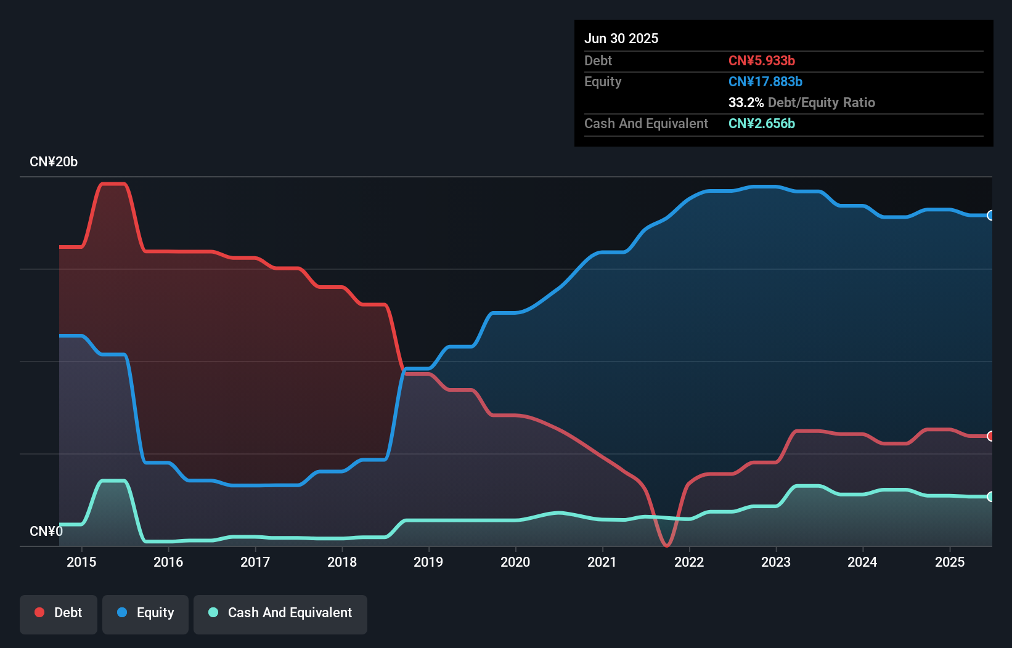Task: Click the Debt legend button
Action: (x=59, y=613)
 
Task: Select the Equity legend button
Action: (x=145, y=613)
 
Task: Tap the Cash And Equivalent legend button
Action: (x=280, y=613)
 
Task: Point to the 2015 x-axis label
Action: (x=81, y=562)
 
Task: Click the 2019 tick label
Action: (x=428, y=562)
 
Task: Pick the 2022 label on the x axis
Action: (x=689, y=562)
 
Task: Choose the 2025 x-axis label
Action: (x=950, y=562)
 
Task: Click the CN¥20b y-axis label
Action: (x=54, y=162)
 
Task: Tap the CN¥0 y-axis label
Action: (x=46, y=531)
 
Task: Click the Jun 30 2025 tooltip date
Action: (x=621, y=38)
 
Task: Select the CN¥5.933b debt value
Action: (x=762, y=60)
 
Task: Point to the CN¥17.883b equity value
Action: (x=765, y=81)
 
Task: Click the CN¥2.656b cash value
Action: (x=762, y=123)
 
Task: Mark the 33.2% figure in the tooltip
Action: (x=746, y=102)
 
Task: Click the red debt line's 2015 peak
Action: (x=113, y=184)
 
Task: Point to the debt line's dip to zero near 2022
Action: (x=666, y=545)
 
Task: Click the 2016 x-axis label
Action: (x=168, y=562)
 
